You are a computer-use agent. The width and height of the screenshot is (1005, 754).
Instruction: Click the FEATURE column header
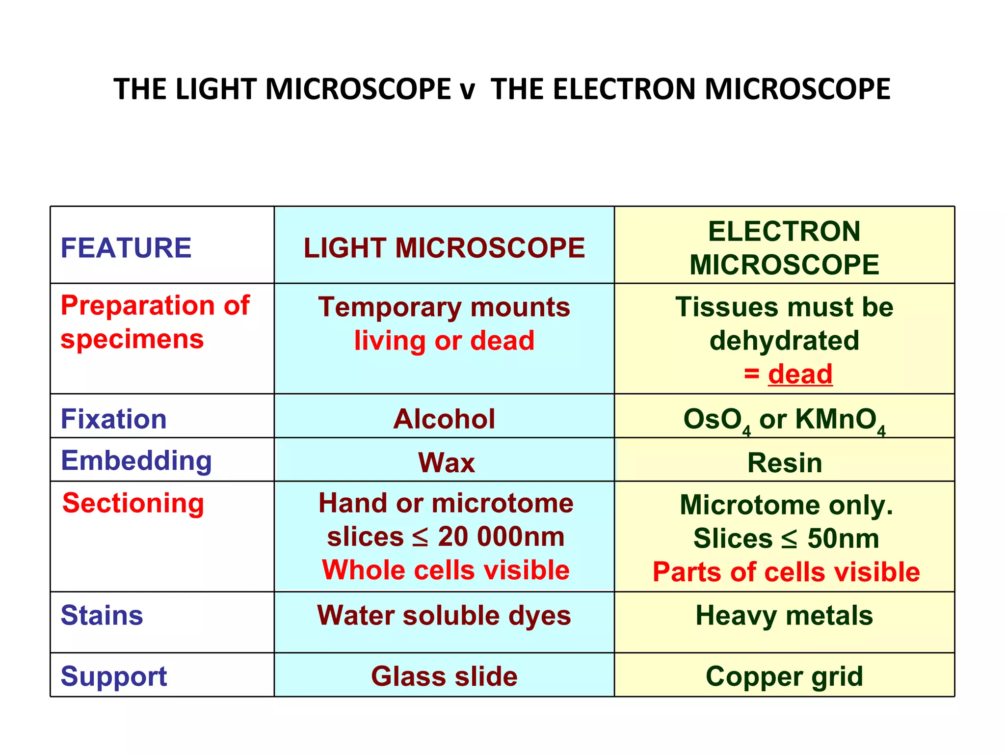click(x=126, y=247)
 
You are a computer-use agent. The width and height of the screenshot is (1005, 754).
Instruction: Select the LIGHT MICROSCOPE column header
click(x=444, y=247)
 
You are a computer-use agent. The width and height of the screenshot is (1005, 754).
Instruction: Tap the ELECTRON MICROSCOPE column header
click(x=784, y=248)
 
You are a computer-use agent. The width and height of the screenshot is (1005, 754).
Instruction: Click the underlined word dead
click(x=800, y=374)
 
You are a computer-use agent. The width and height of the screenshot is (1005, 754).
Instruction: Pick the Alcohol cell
click(x=444, y=419)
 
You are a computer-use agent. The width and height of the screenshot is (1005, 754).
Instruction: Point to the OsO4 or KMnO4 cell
click(x=784, y=420)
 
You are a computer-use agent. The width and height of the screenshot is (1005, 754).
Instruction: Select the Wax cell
click(x=446, y=462)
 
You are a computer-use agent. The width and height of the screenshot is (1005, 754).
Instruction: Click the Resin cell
click(x=784, y=462)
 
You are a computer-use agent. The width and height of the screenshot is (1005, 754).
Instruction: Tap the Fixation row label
click(x=113, y=419)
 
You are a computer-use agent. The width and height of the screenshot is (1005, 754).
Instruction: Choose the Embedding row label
click(x=136, y=461)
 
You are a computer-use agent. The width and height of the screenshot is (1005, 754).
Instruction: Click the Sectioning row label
click(x=133, y=503)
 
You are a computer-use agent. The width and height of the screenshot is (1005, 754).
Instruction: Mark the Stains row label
click(x=102, y=615)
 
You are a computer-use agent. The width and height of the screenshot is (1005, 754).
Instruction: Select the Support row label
click(x=113, y=676)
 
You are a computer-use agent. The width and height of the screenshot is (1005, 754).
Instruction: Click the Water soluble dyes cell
click(x=444, y=615)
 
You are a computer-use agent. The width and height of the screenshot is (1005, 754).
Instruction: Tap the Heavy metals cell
click(x=784, y=615)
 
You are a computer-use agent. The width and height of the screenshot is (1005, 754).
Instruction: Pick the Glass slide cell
click(x=444, y=676)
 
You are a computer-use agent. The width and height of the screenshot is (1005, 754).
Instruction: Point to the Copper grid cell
click(x=784, y=676)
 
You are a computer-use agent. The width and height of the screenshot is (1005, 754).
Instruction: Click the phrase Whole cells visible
click(x=446, y=570)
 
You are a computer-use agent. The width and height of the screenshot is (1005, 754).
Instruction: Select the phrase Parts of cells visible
click(x=786, y=572)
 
